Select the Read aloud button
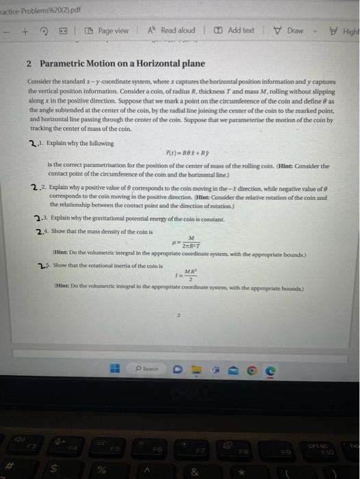tap(172, 31)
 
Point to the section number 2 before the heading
tap(29, 64)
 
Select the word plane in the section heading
tap(191, 64)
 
